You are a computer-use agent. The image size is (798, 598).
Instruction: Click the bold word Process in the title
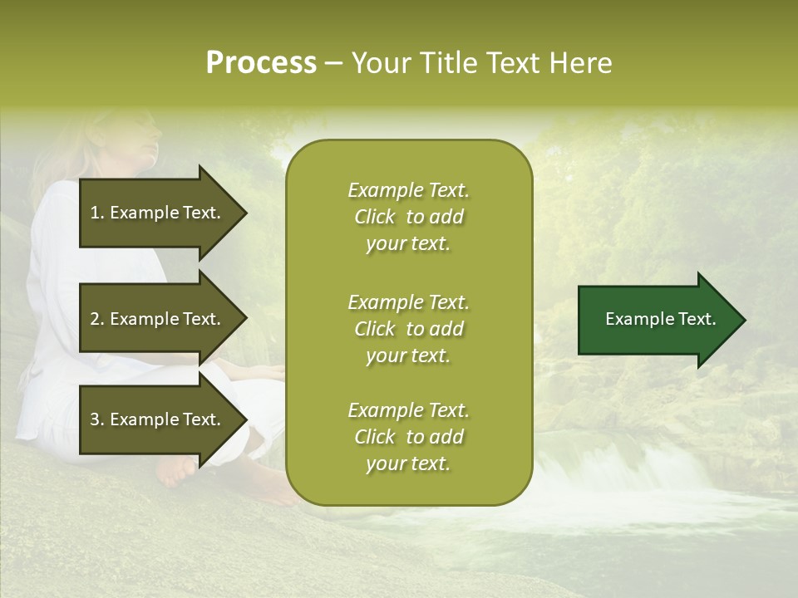261,63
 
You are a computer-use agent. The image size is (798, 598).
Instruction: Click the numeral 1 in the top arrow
94,213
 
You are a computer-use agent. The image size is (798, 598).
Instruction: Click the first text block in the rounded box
408,217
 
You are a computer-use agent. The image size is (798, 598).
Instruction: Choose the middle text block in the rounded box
408,329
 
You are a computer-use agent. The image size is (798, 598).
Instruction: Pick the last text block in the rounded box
408,437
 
